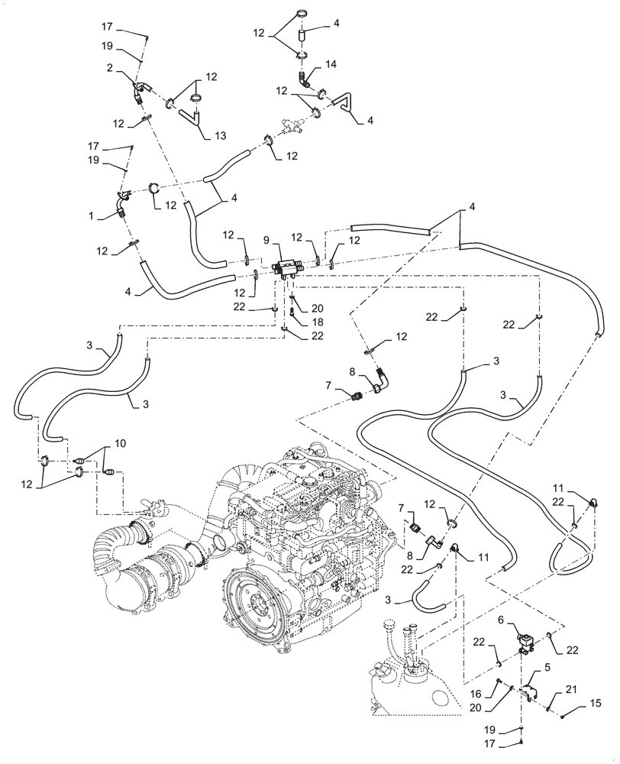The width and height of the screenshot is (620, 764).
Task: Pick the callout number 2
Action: click(111, 67)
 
